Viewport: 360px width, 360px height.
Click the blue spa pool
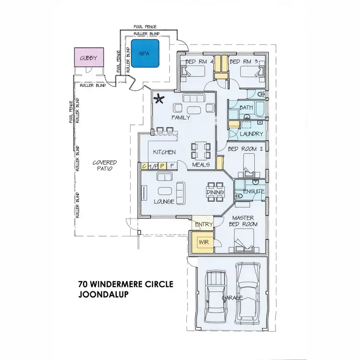pyautogui.click(x=146, y=54)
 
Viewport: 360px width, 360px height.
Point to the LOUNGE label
pyautogui.click(x=164, y=201)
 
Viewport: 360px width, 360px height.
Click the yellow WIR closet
pyautogui.click(x=202, y=241)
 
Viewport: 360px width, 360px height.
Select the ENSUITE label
pyautogui.click(x=253, y=192)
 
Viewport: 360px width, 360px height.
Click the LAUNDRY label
pyautogui.click(x=252, y=134)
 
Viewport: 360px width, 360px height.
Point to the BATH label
pyautogui.click(x=246, y=108)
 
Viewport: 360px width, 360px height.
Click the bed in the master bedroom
pyautogui.click(x=243, y=240)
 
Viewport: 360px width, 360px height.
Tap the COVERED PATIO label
pyautogui.click(x=105, y=166)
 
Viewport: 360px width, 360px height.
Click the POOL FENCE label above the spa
pyautogui.click(x=145, y=26)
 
